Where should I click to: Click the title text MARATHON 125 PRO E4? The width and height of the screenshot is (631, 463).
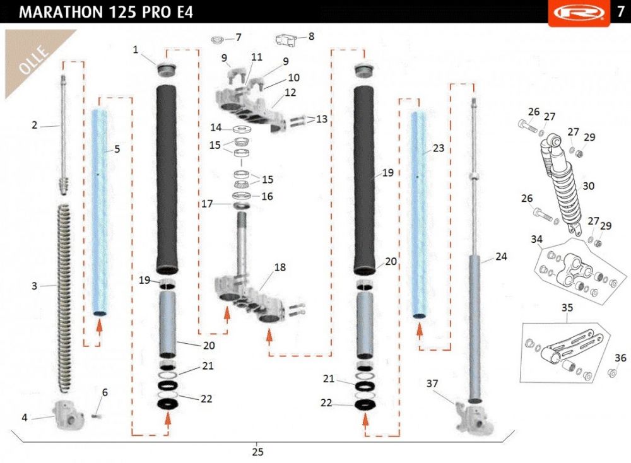[106, 12]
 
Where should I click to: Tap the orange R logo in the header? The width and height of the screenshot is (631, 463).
[579, 12]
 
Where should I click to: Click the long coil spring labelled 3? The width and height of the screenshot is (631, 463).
[64, 298]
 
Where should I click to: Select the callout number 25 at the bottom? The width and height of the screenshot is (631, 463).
[257, 452]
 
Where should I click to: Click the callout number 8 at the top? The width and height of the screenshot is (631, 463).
[311, 36]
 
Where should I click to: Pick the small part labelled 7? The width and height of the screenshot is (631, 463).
[217, 40]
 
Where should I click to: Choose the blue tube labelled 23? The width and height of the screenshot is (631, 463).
[419, 215]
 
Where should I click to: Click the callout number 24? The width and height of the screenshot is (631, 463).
[501, 256]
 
